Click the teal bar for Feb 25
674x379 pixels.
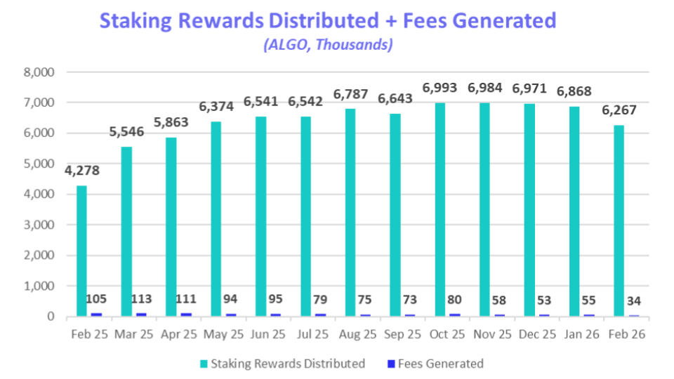point(82,251)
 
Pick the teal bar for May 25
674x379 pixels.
point(216,218)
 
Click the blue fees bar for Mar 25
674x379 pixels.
point(142,314)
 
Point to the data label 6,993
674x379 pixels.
point(440,88)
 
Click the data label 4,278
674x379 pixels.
point(81,171)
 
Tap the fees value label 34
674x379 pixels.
point(634,301)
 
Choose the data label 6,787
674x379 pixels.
point(350,94)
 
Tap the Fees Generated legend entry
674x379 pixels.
point(439,364)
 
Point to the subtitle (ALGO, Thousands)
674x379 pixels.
point(328,45)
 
